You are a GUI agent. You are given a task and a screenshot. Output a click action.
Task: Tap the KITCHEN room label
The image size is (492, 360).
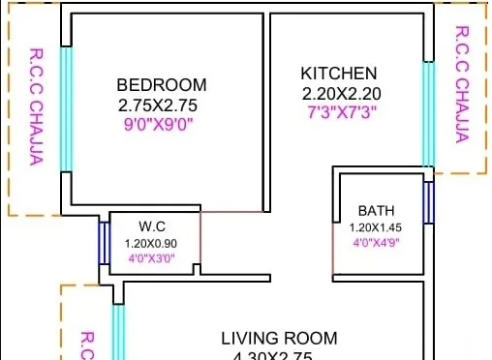click(x=338, y=74)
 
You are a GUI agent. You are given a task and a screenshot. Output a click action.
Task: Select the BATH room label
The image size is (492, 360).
click(x=376, y=210)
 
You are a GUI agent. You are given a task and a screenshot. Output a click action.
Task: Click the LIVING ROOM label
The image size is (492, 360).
click(x=279, y=339)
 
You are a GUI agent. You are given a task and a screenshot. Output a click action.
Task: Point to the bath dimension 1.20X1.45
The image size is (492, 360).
click(x=376, y=227)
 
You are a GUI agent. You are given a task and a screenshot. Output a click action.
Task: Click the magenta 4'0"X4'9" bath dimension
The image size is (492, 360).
click(x=376, y=242)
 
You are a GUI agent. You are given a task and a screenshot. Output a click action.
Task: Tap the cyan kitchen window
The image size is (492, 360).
click(x=427, y=114)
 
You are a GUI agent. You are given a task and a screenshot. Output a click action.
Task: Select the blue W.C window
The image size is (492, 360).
click(x=103, y=242)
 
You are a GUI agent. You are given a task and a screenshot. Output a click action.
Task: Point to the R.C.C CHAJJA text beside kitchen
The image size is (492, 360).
click(x=462, y=84)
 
